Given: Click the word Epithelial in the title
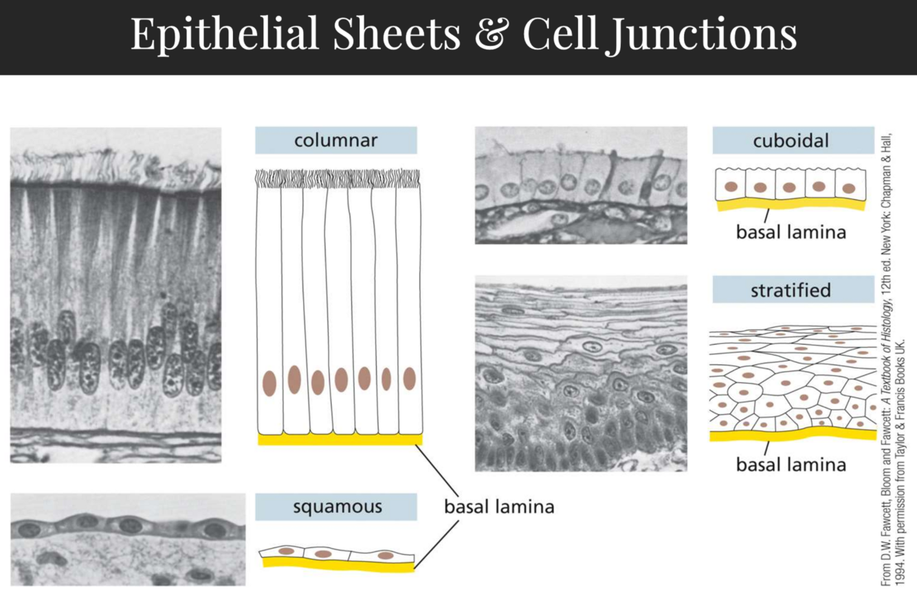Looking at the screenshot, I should [225, 33].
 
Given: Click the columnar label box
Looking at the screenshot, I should [335, 141].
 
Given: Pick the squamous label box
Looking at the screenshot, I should [335, 507].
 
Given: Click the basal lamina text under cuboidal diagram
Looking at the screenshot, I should [791, 231].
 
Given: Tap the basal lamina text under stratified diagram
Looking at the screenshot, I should [791, 465].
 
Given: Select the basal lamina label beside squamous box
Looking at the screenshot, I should [498, 508].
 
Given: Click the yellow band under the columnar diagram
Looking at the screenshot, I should [340, 439].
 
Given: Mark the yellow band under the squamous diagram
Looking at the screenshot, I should [337, 564].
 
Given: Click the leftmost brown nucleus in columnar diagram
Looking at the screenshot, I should [269, 383].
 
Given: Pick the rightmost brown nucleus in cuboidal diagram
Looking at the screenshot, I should [848, 187].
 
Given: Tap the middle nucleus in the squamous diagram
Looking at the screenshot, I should [327, 553].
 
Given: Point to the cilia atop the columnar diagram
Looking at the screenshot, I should [337, 178].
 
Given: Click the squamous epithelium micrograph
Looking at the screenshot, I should [128, 539].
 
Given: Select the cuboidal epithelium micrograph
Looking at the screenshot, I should [581, 185].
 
